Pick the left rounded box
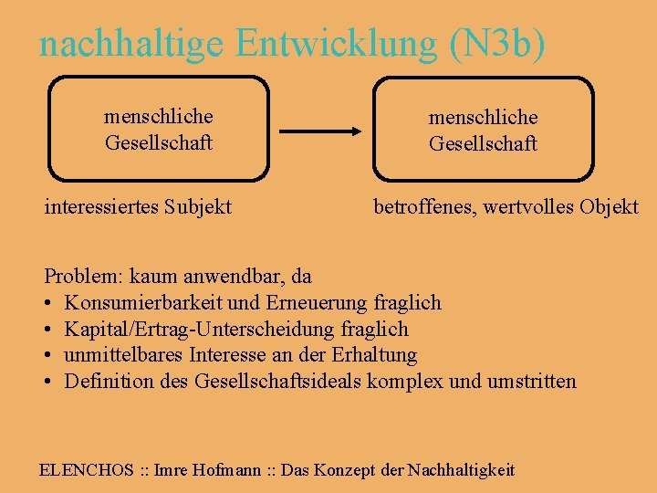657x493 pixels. coord(158,129)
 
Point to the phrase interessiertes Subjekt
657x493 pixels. coord(138,207)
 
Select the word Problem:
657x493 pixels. coord(85,276)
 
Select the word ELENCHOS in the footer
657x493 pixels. coord(86,470)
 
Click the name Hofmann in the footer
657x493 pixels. coord(225,470)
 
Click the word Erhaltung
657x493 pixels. coord(377,355)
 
